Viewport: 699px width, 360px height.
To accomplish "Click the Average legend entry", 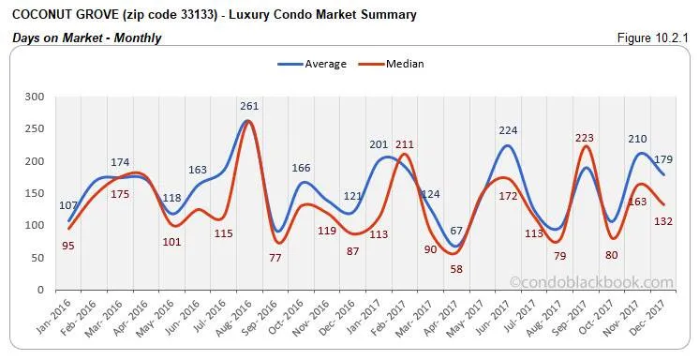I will coord(324,64).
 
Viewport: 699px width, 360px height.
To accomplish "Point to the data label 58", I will coord(430,268).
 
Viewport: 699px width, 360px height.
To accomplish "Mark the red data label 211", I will coord(404,144).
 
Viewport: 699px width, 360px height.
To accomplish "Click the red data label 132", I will coord(663,221).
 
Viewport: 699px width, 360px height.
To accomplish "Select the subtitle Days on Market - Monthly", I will coord(86,38).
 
